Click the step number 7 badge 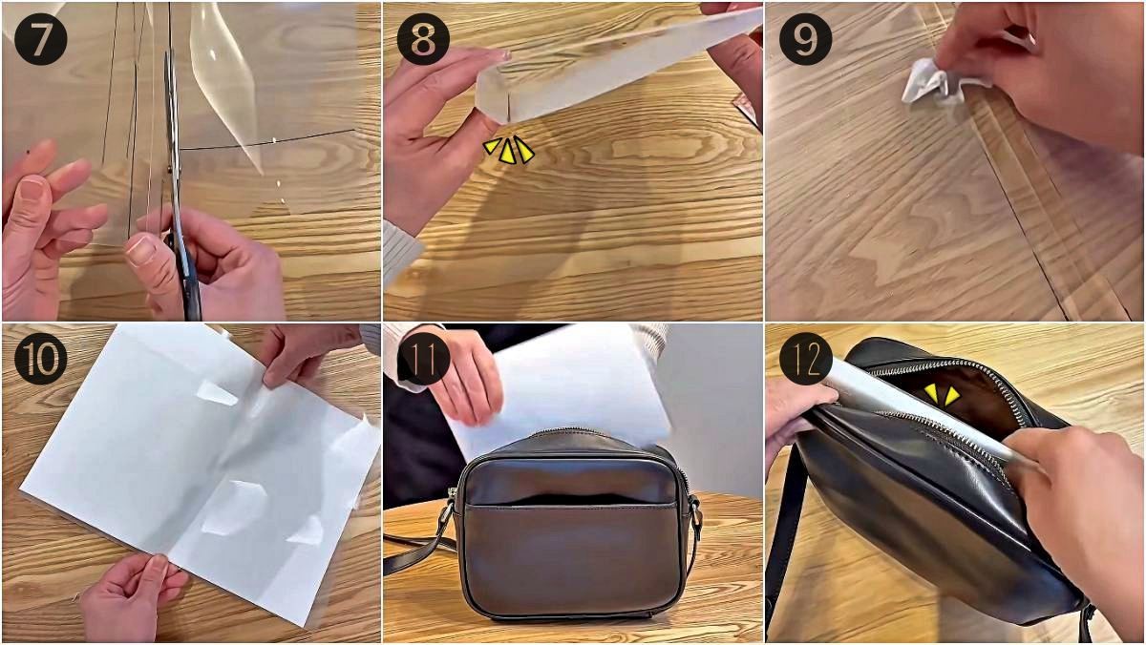coord(40,39)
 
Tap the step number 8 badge coord(423,39)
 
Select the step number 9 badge coord(805,39)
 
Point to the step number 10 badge coord(40,359)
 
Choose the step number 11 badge coord(423,359)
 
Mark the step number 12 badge coord(805,359)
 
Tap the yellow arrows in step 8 coord(508,150)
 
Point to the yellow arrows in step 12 coord(942,395)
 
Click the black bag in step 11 coord(570,524)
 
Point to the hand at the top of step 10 coord(307,353)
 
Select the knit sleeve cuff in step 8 coord(402,253)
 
